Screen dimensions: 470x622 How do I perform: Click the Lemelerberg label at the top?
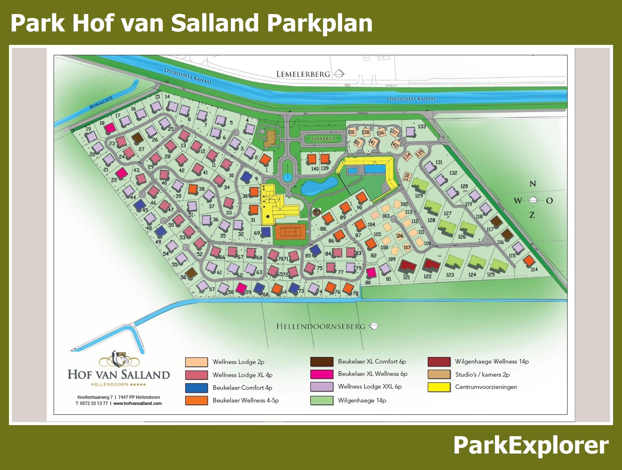click(303, 74)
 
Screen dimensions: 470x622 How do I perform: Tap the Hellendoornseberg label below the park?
click(321, 326)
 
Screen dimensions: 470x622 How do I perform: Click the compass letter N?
click(533, 184)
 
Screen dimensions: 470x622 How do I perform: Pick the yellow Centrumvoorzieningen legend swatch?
click(439, 387)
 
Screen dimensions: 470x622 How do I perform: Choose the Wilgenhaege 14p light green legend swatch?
click(321, 400)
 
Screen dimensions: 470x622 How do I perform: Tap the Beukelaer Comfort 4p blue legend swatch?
click(196, 388)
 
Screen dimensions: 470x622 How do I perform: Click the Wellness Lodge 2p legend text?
click(238, 362)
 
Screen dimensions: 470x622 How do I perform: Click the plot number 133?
click(422, 127)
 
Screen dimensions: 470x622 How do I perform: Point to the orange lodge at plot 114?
click(528, 260)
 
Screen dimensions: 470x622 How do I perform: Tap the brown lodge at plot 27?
click(137, 138)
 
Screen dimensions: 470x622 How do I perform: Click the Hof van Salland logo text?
click(119, 375)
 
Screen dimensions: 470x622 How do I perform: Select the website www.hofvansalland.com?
click(138, 403)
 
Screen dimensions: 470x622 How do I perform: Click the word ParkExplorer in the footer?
click(530, 445)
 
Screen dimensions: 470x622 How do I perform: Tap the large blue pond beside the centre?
click(318, 186)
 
